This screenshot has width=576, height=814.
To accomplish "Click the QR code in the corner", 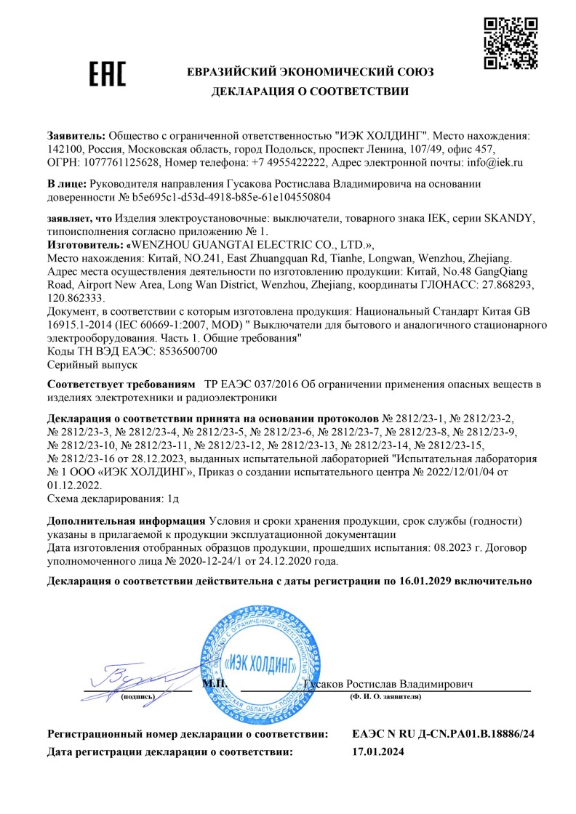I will (507, 42).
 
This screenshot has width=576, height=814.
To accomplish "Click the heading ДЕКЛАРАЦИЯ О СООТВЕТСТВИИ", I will (310, 92).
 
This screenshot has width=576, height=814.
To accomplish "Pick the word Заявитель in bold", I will (76, 136).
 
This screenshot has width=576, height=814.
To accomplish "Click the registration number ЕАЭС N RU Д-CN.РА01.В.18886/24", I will (442, 735).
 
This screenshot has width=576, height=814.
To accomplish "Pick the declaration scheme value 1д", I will (172, 498).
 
